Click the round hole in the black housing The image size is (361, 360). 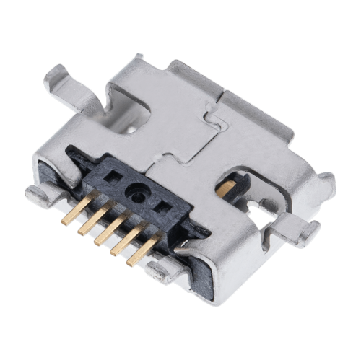(135, 193)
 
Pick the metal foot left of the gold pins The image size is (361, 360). (40, 193)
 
